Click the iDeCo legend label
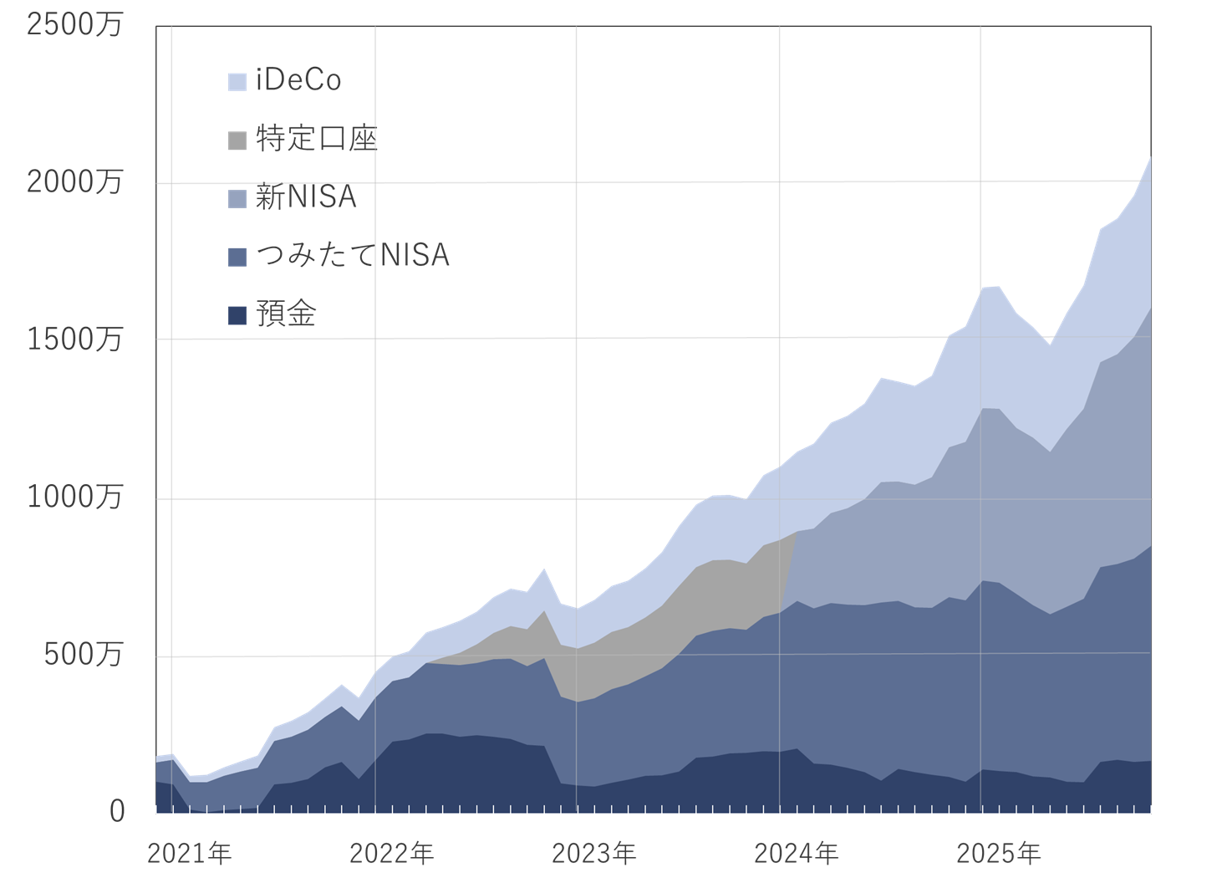coord(298,80)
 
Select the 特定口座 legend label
coord(317,139)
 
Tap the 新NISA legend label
coord(306,197)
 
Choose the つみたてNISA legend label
coord(353,255)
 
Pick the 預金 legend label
coord(286,314)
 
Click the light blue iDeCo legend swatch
coord(237,81)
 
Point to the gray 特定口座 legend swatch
coord(237,140)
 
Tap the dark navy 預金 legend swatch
coord(237,315)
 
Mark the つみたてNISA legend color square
coord(237,257)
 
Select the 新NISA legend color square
coord(237,198)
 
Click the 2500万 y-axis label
coord(74,24)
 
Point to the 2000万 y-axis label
coord(74,181)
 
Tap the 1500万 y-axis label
coord(74,339)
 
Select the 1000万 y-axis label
coord(74,497)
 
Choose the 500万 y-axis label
coord(84,654)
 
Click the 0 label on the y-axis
coord(117,811)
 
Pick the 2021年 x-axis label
coord(189,854)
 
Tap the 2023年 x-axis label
coord(593,854)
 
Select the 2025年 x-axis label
coord(998,854)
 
